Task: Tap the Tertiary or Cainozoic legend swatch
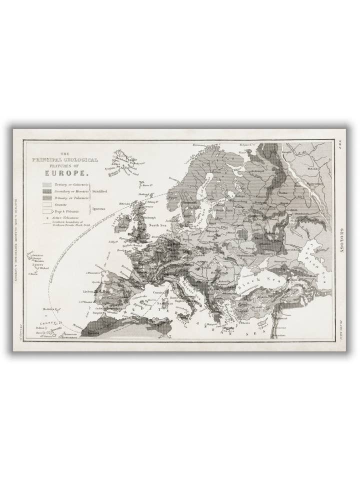(x=47, y=184)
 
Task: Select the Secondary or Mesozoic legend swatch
(x=47, y=191)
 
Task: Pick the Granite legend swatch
(x=47, y=205)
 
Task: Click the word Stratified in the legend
(x=99, y=191)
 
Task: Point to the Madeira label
(x=49, y=308)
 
